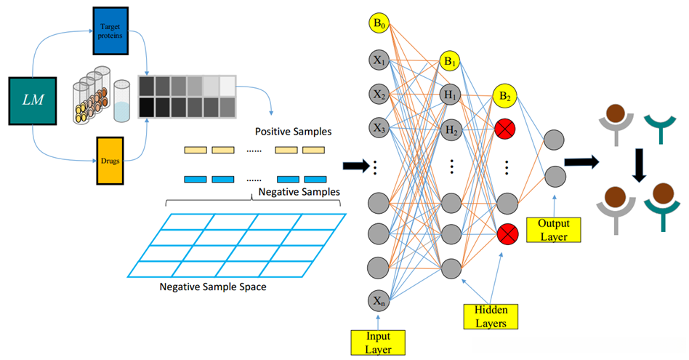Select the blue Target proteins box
pyautogui.click(x=111, y=31)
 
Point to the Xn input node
pyautogui.click(x=379, y=300)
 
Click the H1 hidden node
pyautogui.click(x=451, y=95)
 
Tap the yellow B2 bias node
pyautogui.click(x=505, y=95)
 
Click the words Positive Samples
pyautogui.click(x=293, y=132)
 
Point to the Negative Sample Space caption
pyautogui.click(x=213, y=287)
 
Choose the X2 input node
pyautogui.click(x=379, y=94)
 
